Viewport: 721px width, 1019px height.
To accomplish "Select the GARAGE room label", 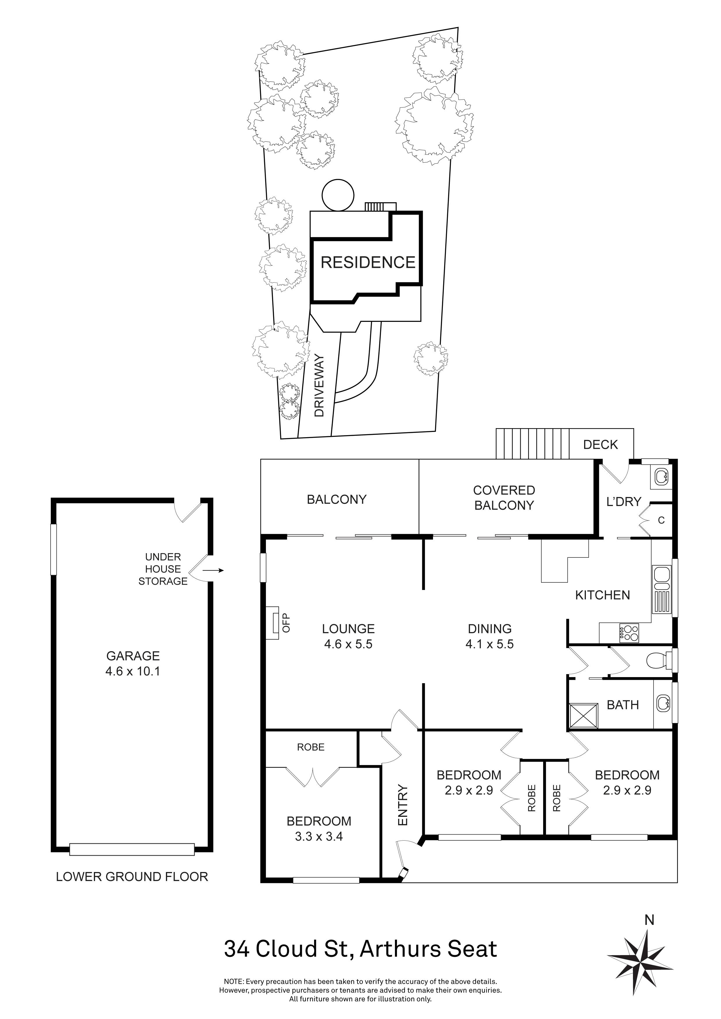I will pos(133,656).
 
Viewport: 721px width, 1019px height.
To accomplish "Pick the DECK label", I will pos(600,445).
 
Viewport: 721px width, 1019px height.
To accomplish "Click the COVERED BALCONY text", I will pos(504,498).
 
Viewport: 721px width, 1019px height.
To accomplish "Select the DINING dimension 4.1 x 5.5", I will pos(489,644).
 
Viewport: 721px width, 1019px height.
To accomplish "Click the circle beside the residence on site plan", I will pos(338,195).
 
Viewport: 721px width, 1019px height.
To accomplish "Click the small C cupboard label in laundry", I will pos(661,520).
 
